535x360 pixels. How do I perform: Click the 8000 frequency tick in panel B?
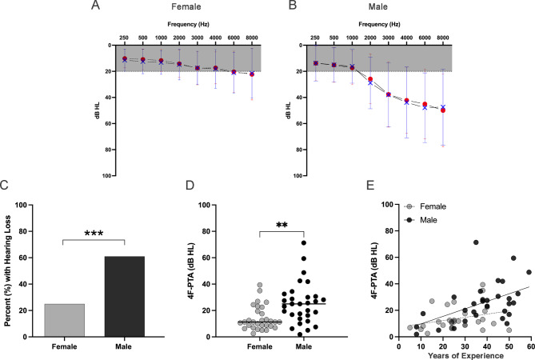pyautogui.click(x=442, y=38)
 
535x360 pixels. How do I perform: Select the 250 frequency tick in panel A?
pyautogui.click(x=124, y=38)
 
